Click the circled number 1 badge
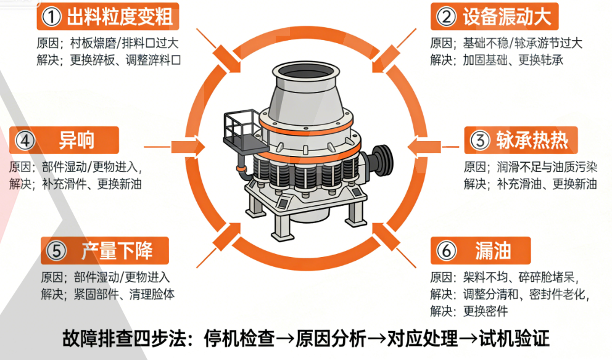click(51, 17)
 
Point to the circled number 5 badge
click(56, 251)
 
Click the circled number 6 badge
click(445, 251)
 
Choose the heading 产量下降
click(117, 251)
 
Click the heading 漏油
click(493, 251)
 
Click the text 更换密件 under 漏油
click(486, 311)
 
